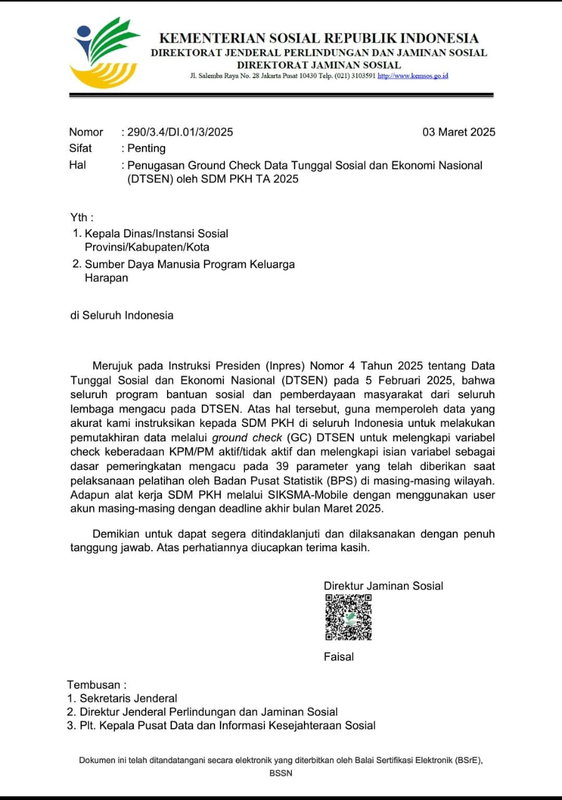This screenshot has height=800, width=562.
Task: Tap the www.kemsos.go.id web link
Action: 413,76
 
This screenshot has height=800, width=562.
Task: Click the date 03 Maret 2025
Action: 459,132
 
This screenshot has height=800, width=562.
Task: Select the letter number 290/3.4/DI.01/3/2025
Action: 180,132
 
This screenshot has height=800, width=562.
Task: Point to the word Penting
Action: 146,148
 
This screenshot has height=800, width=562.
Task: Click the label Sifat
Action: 80,148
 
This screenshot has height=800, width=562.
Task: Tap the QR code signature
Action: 348,617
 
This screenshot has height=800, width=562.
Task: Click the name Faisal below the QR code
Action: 339,656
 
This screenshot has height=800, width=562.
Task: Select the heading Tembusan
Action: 96,684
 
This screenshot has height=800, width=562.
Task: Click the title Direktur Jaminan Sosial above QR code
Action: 383,586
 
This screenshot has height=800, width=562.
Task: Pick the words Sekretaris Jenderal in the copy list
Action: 128,698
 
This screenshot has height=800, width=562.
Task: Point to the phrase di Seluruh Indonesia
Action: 122,315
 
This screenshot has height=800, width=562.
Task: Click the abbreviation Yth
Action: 81,217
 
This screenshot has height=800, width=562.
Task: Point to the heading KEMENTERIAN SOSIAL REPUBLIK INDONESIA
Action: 319,38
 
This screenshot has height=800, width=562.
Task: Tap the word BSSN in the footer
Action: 281,772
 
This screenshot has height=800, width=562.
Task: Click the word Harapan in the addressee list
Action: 106,278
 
